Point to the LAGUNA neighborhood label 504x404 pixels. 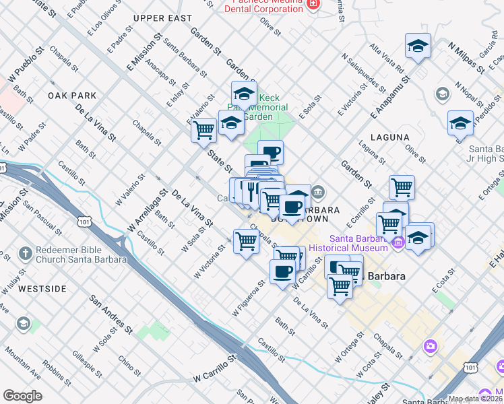pyautogui.click(x=389, y=137)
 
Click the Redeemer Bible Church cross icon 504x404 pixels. pyautogui.click(x=25, y=254)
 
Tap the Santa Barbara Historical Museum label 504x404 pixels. pyautogui.click(x=358, y=243)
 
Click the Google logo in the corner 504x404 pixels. pyautogui.click(x=22, y=396)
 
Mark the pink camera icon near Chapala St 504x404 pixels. pyautogui.click(x=430, y=346)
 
